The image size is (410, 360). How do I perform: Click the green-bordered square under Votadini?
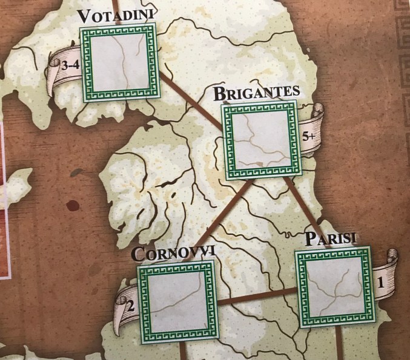coord(119,62)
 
